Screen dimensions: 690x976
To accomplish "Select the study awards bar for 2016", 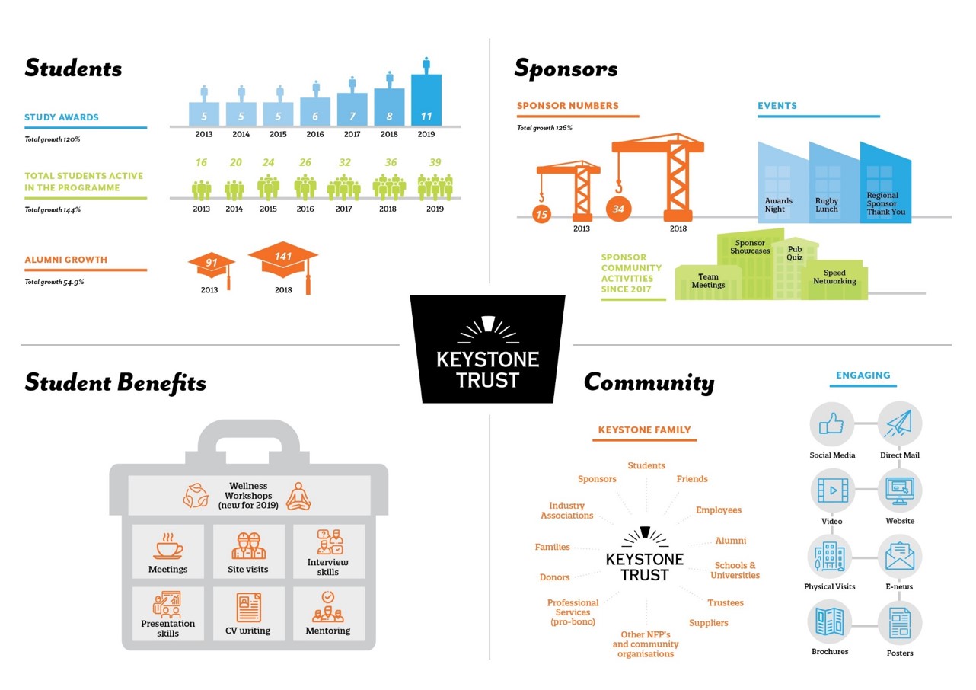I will pyautogui.click(x=315, y=112).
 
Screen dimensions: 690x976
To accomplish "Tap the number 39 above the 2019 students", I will pyautogui.click(x=435, y=162).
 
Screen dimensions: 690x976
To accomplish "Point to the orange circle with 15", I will pyautogui.click(x=541, y=215).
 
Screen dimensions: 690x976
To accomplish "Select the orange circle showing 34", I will pyautogui.click(x=618, y=209).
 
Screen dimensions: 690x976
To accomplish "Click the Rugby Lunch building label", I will pyautogui.click(x=826, y=205).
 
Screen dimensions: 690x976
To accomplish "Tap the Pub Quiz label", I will pyautogui.click(x=795, y=253).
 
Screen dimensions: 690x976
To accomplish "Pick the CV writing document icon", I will pyautogui.click(x=248, y=608).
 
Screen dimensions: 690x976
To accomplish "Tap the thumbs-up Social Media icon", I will pyautogui.click(x=831, y=424).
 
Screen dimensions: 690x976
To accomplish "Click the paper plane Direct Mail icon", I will pyautogui.click(x=900, y=424).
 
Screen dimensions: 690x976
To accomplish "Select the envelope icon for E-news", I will pyautogui.click(x=900, y=556).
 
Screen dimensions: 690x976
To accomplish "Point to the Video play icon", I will pyautogui.click(x=831, y=490).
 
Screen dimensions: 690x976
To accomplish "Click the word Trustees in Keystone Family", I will pyautogui.click(x=725, y=602).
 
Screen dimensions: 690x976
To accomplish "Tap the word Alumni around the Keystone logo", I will pyautogui.click(x=730, y=541).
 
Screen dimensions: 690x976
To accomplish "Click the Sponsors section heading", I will pyautogui.click(x=566, y=69).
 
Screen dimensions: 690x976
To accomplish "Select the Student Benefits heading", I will pyautogui.click(x=115, y=382).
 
